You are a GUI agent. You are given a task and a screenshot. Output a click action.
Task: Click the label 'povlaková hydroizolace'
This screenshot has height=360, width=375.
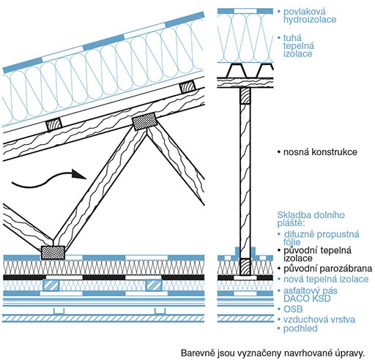point(310,15)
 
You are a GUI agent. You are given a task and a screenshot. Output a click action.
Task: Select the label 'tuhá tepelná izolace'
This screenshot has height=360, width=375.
point(299,46)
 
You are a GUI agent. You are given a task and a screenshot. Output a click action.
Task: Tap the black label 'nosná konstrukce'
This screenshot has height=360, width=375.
point(320,152)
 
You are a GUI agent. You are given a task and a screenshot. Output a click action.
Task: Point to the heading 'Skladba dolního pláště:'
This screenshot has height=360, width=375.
point(311,219)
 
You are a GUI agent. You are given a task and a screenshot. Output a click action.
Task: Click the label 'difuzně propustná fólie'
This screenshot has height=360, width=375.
point(322,238)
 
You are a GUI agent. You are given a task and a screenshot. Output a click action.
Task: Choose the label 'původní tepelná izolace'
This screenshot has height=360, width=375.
point(317,254)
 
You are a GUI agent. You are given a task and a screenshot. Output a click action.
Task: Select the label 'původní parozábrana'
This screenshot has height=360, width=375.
point(328,269)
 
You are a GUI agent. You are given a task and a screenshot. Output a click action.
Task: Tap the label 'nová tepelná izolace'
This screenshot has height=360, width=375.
point(326,280)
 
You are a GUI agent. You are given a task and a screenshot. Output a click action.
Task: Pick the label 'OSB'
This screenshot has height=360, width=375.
point(293,310)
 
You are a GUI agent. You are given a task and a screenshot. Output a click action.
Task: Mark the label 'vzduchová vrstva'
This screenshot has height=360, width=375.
point(319,320)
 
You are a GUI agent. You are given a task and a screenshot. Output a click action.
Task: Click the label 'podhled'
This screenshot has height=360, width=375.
point(300,329)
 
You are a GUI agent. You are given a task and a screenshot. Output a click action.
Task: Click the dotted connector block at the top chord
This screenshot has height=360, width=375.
point(144,121)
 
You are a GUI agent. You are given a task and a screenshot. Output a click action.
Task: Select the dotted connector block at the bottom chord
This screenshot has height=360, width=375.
point(53,252)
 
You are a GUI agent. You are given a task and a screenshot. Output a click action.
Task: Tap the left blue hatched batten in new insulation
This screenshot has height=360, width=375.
point(51,285)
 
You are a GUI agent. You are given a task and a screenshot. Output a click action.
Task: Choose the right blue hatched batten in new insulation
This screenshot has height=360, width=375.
point(154,285)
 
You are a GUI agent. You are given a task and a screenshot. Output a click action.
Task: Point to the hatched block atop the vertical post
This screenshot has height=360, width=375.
point(245,96)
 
